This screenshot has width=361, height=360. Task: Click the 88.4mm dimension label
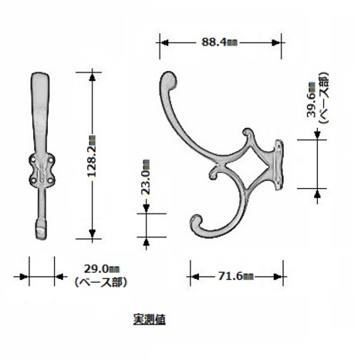(x=219, y=42)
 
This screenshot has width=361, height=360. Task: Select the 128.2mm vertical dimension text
(x=92, y=156)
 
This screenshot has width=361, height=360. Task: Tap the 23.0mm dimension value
(x=146, y=177)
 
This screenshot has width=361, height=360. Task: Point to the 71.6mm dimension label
(x=236, y=277)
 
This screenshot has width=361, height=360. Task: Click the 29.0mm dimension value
(x=102, y=269)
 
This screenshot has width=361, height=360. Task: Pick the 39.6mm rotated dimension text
(x=312, y=99)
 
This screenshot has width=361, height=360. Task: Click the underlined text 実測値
(x=149, y=319)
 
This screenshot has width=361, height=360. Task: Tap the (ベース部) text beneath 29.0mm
(x=101, y=282)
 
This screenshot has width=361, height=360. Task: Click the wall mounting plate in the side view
(x=278, y=165)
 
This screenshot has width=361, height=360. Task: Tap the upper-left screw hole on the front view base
(x=33, y=160)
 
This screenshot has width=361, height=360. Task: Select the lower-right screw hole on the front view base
(x=51, y=180)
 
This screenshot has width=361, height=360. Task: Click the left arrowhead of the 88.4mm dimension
(x=164, y=42)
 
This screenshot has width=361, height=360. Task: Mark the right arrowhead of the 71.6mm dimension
(x=278, y=277)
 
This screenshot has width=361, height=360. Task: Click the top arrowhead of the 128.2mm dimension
(x=92, y=77)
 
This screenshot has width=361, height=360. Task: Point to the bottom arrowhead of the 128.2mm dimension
(x=92, y=234)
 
